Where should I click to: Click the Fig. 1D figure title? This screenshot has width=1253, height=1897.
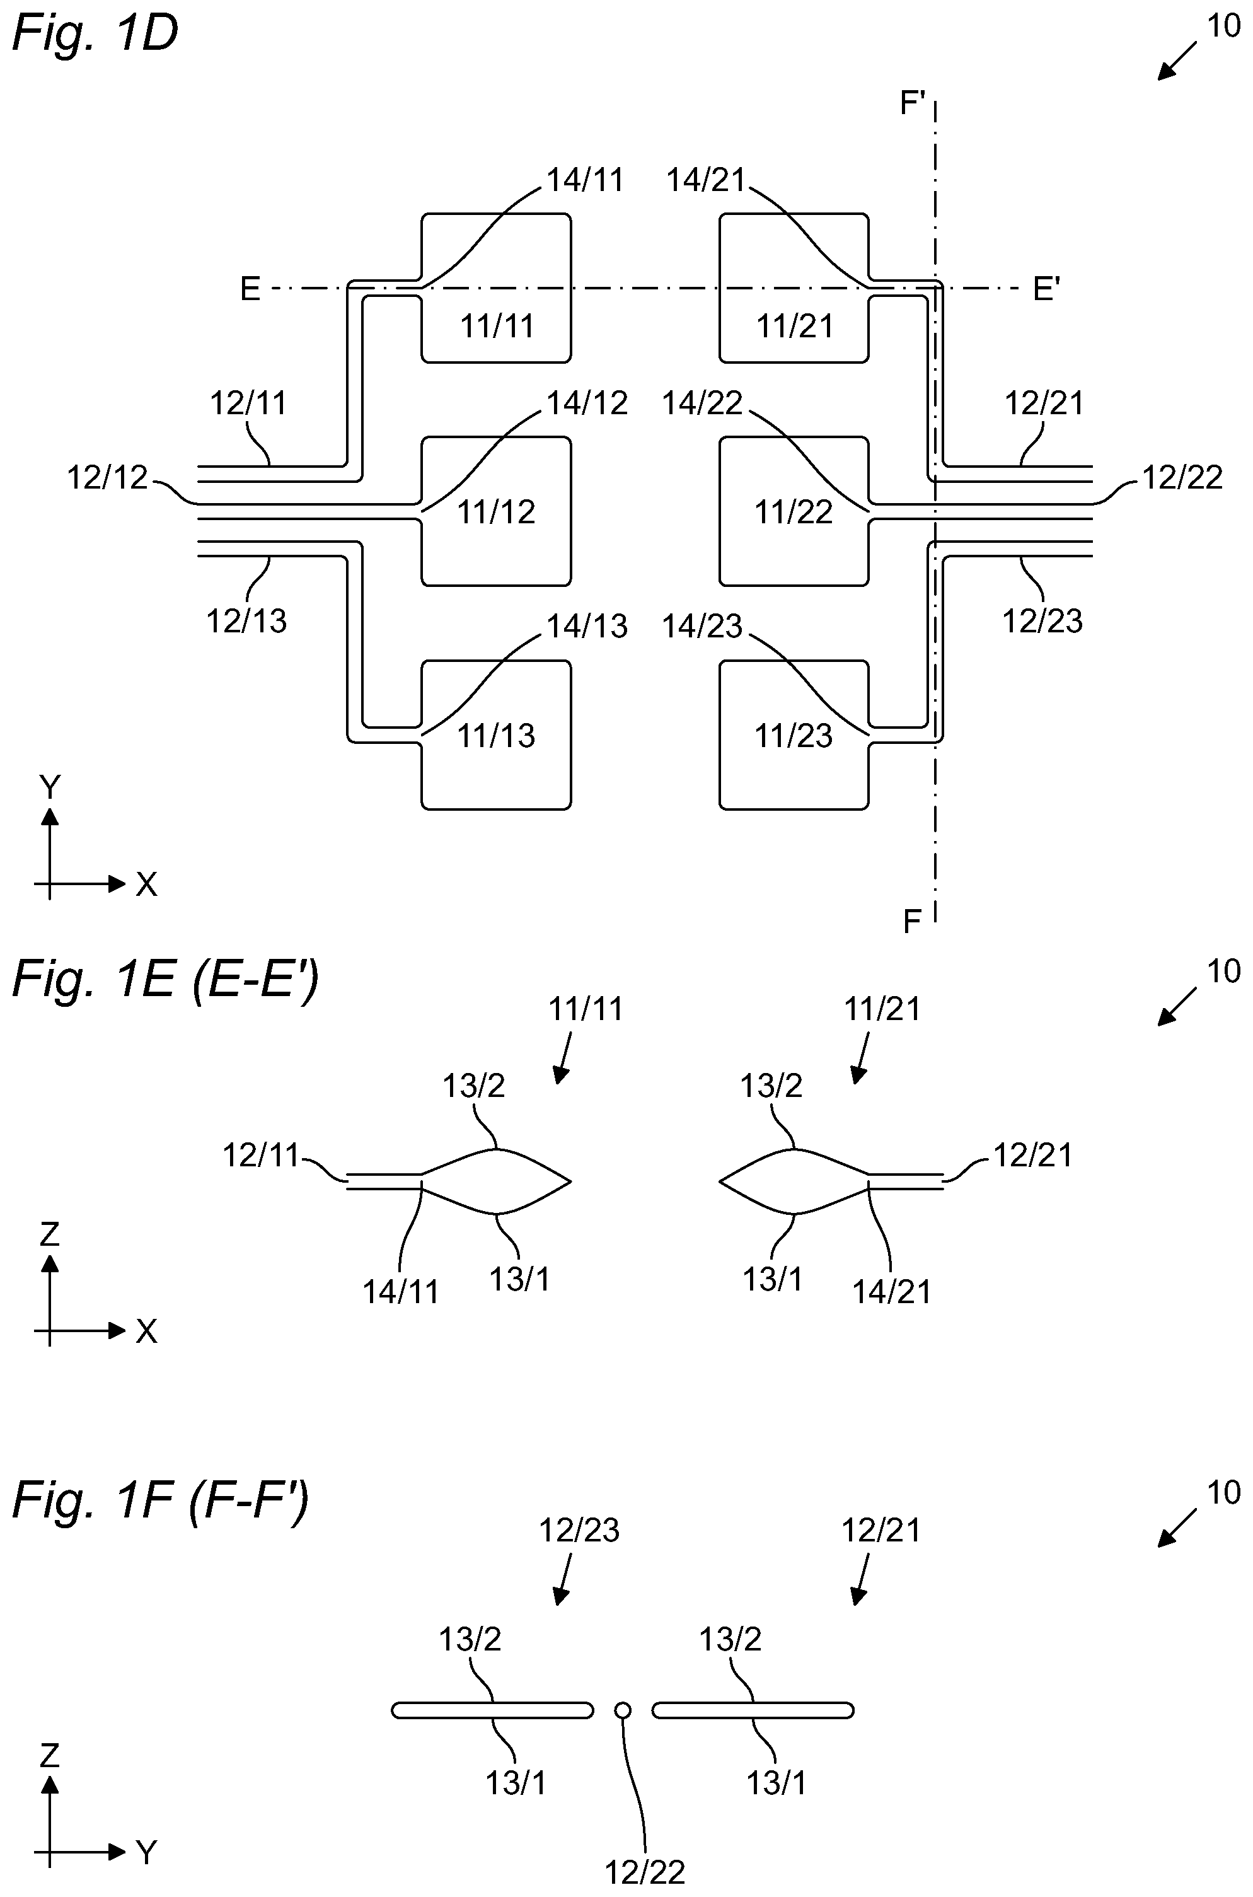click(95, 33)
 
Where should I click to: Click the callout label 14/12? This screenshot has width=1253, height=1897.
click(587, 403)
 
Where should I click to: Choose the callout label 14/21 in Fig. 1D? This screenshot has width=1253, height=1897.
click(706, 180)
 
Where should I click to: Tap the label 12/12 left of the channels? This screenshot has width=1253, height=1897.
click(108, 478)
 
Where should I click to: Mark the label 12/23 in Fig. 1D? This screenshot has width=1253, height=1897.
click(1043, 621)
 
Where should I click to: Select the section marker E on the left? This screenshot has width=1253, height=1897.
click(250, 289)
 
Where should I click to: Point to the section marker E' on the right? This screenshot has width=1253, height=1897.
click(1046, 289)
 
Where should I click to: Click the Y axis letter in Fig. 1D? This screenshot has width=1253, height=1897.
click(50, 788)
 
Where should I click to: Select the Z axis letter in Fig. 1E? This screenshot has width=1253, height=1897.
click(50, 1234)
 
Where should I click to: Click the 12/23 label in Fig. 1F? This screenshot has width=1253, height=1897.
click(579, 1530)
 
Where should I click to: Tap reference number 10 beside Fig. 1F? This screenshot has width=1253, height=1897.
click(1223, 1493)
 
